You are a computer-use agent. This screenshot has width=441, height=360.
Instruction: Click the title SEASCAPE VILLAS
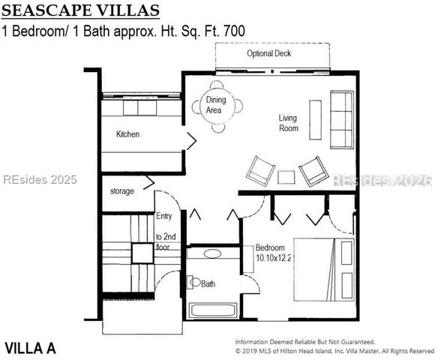tap(81, 10)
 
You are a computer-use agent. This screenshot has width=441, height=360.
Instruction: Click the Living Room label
tap(288, 123)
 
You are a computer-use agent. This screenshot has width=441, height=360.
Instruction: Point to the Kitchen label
tap(127, 135)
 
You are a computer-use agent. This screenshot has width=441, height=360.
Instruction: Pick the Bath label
tap(207, 284)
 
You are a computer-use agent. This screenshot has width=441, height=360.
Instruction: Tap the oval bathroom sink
tap(212, 253)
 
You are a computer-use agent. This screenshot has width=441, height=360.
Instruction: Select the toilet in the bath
tap(193, 283)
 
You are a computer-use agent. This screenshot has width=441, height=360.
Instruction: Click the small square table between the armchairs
tap(286, 177)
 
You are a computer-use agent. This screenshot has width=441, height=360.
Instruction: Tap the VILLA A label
tap(30, 348)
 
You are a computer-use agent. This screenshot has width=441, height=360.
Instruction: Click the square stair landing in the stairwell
tap(142, 253)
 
